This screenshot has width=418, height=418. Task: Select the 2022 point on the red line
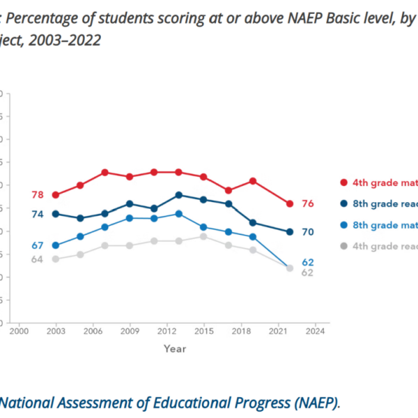click(x=288, y=204)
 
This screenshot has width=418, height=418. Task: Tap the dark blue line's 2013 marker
click(x=178, y=195)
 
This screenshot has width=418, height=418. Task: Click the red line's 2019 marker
click(x=252, y=181)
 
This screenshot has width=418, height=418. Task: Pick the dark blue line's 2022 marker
click(x=288, y=232)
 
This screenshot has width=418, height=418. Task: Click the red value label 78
click(x=38, y=195)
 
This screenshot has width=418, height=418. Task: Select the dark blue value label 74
click(x=38, y=214)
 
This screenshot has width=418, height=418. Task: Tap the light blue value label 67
click(x=38, y=245)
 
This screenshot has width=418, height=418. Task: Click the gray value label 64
click(x=38, y=260)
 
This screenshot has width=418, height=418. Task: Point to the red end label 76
click(x=308, y=203)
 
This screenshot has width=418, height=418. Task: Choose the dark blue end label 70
click(x=308, y=231)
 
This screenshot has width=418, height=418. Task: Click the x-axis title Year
click(x=175, y=348)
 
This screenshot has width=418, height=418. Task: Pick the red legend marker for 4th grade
click(x=343, y=183)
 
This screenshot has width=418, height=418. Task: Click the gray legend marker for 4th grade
click(x=343, y=246)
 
